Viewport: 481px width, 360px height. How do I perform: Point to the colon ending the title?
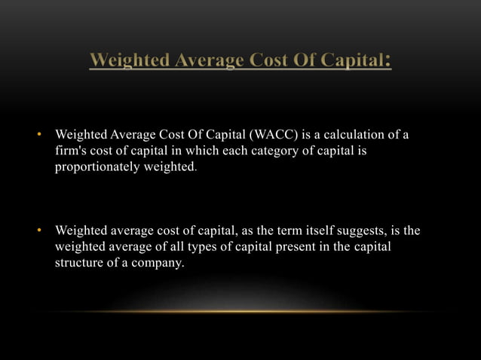(388, 60)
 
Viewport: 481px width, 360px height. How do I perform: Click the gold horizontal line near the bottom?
(240, 311)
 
